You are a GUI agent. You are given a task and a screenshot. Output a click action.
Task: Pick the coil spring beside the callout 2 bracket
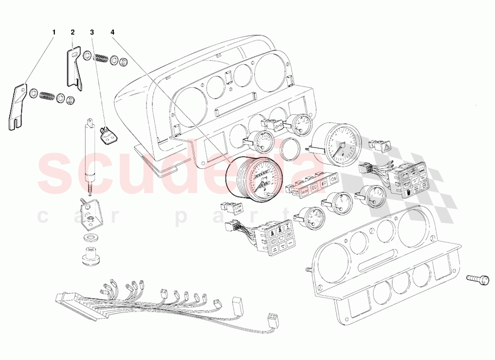102,57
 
